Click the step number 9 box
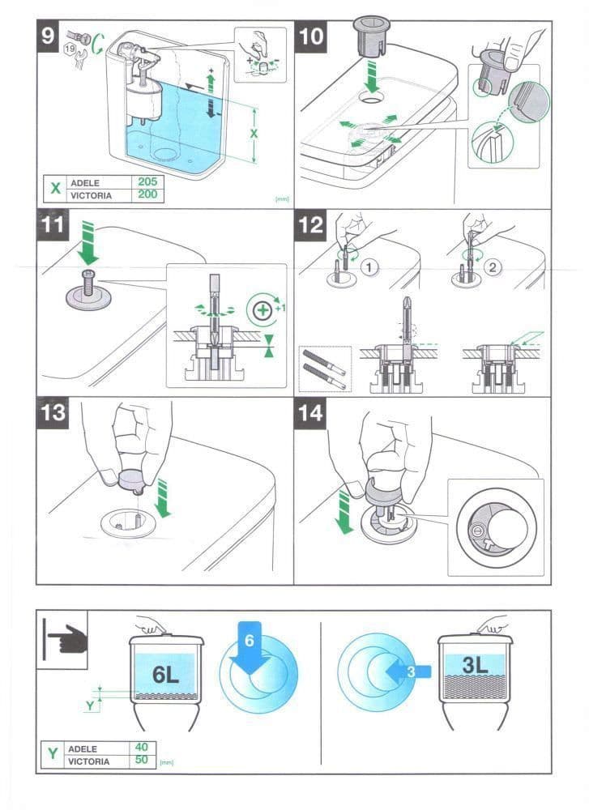click(x=48, y=36)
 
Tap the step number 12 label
click(x=310, y=225)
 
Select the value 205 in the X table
click(x=147, y=181)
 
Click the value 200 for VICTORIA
click(x=147, y=194)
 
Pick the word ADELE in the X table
click(x=85, y=183)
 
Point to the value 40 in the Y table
click(x=141, y=747)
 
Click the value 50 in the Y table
click(x=141, y=760)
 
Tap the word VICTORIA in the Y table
click(x=89, y=761)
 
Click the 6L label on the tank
click(x=165, y=674)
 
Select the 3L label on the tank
click(x=475, y=664)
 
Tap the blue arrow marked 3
click(x=408, y=671)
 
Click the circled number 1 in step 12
click(x=369, y=267)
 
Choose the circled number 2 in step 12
click(x=493, y=267)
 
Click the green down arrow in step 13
click(x=164, y=498)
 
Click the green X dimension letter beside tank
click(x=254, y=134)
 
